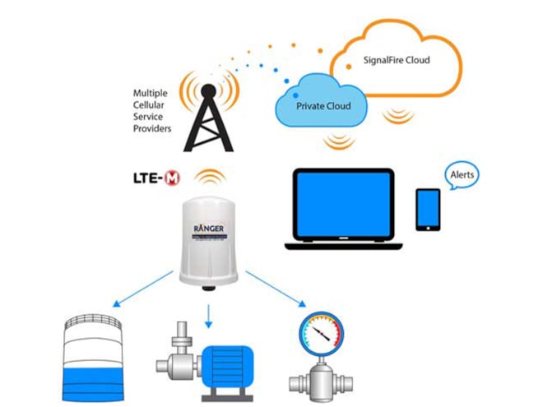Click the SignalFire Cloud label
pos(397,60)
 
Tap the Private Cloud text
pos(323,106)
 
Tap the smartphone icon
pos(427,210)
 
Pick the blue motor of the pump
pos(234,360)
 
